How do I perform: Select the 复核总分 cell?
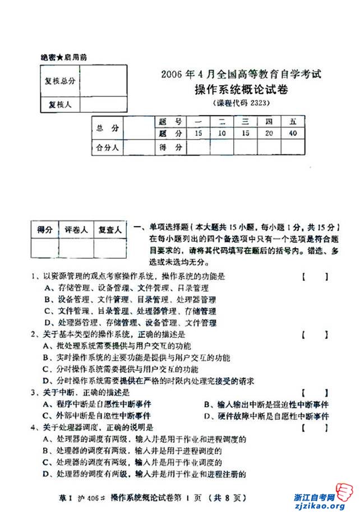point(60,81)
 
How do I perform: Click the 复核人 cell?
point(60,104)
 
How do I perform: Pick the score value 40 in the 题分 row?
point(293,134)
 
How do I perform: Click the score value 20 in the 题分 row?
point(269,134)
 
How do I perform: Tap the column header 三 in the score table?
point(245,122)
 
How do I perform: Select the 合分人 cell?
point(107,148)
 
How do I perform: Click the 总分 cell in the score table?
point(107,128)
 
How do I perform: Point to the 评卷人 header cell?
point(76,230)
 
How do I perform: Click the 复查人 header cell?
point(110,230)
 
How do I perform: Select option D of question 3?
point(266,416)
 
